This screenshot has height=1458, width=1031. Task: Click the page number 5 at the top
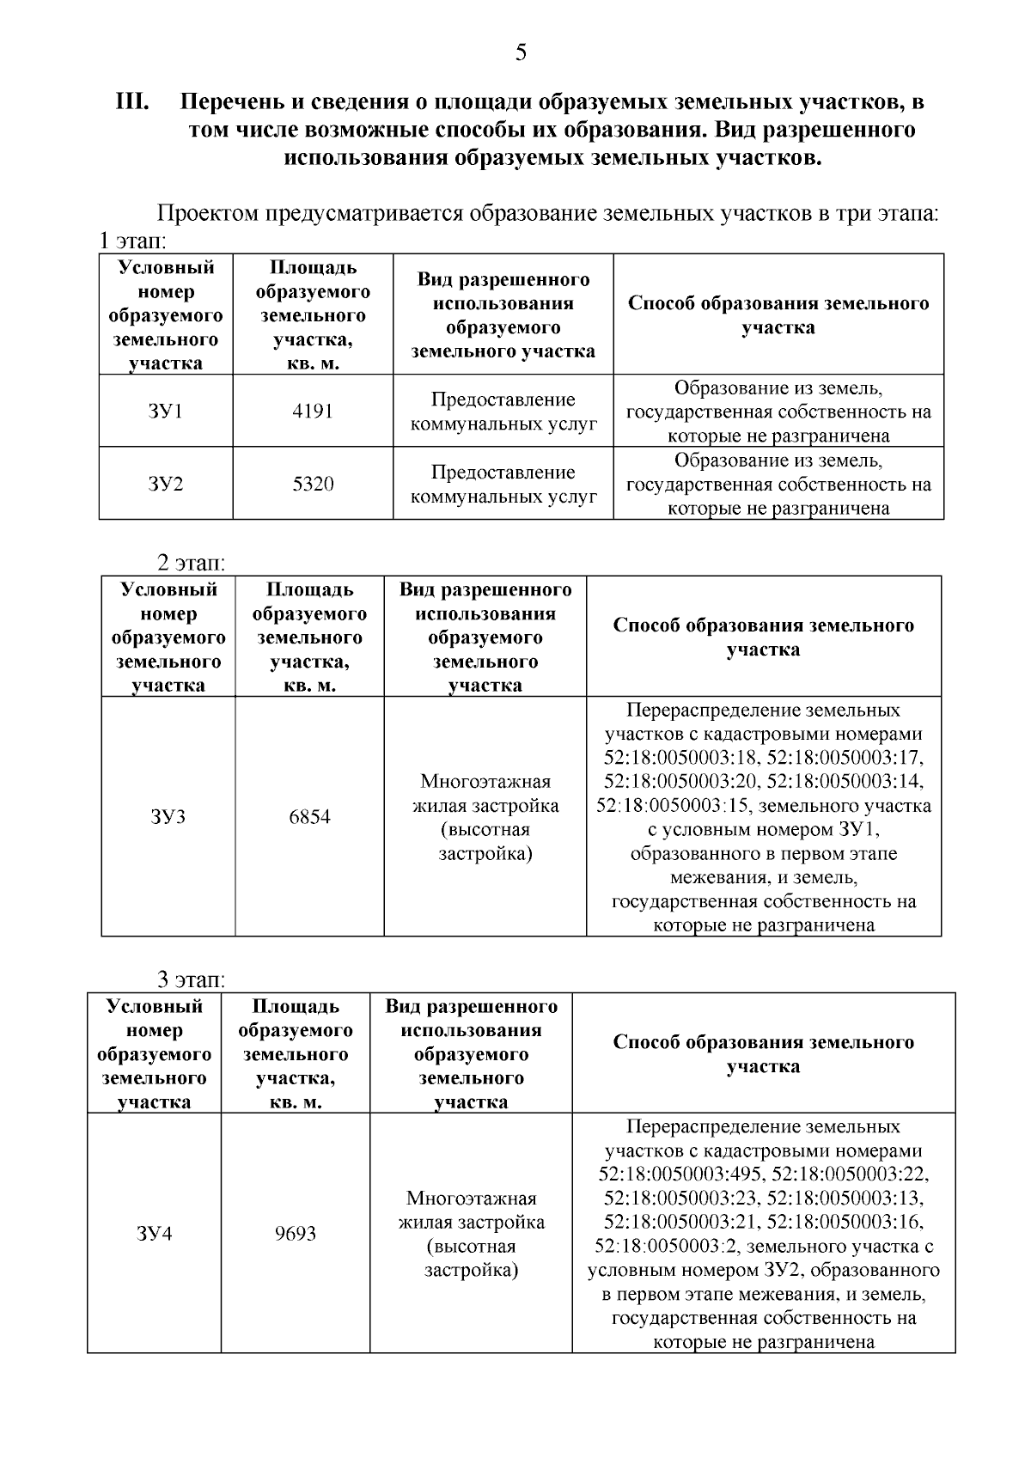[x=521, y=53]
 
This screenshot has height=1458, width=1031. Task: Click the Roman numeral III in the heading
[x=133, y=102]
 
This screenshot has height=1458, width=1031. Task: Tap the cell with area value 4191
[x=312, y=411]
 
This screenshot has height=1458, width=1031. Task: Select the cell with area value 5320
[x=312, y=484]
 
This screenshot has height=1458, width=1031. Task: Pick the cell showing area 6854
[x=309, y=816]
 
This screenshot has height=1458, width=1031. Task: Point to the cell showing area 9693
[x=296, y=1234]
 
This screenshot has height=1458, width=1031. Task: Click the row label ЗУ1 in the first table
[x=166, y=411]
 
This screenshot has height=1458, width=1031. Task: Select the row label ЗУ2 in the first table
[x=166, y=484]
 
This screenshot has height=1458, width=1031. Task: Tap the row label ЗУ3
[x=168, y=816]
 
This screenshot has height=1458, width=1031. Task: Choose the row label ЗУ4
[x=154, y=1234]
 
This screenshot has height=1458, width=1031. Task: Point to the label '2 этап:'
[x=191, y=564]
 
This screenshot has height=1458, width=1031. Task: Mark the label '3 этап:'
[x=191, y=980]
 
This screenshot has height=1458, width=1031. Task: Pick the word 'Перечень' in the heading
[x=230, y=102]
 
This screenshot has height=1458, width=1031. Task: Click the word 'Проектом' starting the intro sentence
[x=206, y=213]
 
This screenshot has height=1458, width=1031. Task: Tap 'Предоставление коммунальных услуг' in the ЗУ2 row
[x=503, y=484]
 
